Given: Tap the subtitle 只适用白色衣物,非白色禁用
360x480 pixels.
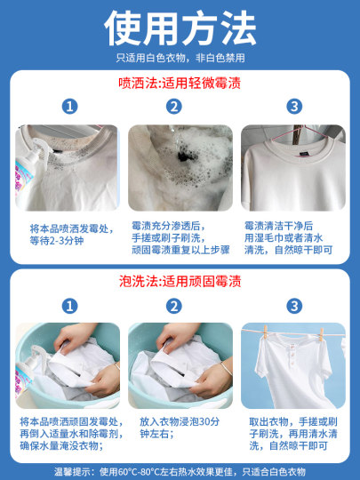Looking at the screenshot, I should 180,58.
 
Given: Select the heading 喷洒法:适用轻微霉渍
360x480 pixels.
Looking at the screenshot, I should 180,84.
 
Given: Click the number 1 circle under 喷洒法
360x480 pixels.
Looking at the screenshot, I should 68,108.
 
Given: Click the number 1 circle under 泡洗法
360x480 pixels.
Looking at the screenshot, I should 68,305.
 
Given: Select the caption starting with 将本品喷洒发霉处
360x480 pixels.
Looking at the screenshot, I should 68,234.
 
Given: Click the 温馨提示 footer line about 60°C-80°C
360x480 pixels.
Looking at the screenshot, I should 180,468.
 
